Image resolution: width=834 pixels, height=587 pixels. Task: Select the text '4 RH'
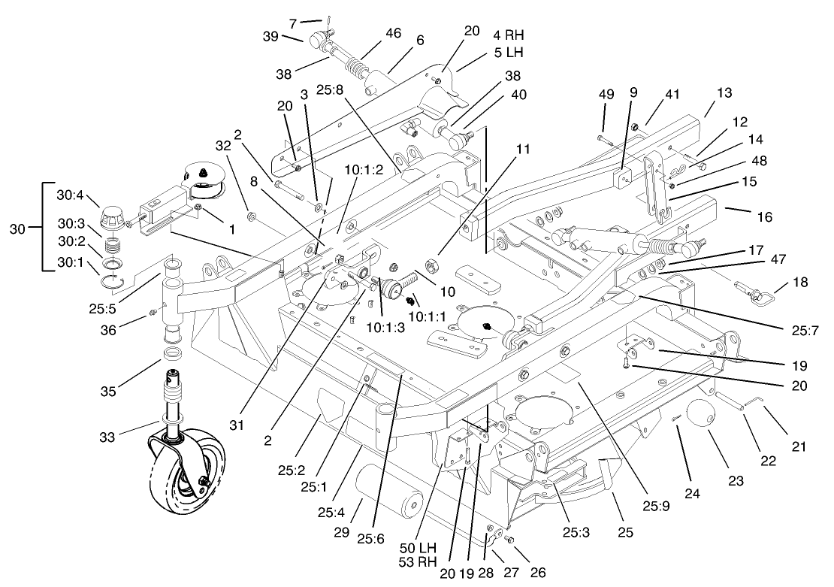tap(508, 35)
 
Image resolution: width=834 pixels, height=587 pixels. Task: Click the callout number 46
tap(393, 33)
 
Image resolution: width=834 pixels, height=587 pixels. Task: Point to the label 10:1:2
tap(365, 169)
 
